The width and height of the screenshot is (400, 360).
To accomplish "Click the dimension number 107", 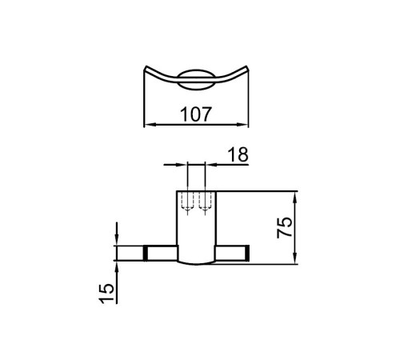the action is click(x=196, y=114).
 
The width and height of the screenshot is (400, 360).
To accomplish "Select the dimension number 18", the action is click(x=238, y=154).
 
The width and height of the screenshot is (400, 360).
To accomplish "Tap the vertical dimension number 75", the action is click(x=285, y=227).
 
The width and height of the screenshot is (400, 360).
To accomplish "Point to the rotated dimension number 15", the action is click(x=106, y=294).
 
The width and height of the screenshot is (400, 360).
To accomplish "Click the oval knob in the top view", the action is click(x=196, y=80).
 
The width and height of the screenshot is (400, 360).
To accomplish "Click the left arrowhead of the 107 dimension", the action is click(x=150, y=125).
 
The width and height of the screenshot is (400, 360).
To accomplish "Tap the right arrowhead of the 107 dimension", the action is click(x=242, y=125).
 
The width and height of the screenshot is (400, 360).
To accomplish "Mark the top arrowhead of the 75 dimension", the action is click(x=295, y=198).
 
